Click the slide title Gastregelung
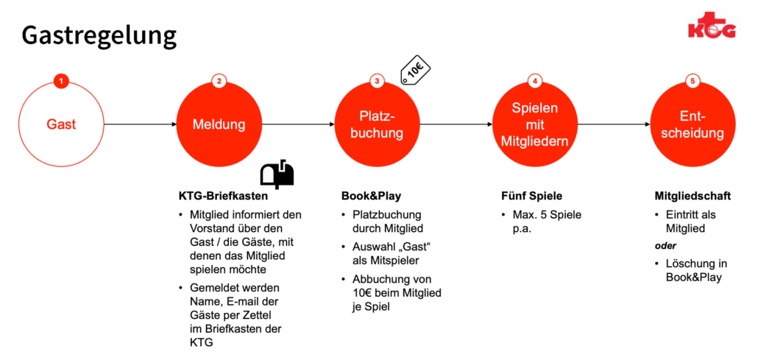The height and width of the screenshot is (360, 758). tap(99, 37)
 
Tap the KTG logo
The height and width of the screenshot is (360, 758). tap(712, 26)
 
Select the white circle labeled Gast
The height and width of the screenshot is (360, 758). tap(61, 124)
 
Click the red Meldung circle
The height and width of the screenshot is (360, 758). tap(219, 124)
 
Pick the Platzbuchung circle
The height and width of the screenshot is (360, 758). tap(377, 124)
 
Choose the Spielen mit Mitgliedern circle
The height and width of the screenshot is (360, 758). tap(535, 124)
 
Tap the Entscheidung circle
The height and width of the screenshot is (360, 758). tap(693, 124)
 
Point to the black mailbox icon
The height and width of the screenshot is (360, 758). tap(277, 174)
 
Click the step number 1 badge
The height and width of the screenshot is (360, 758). tap(61, 81)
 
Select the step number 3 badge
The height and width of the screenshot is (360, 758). tap(377, 81)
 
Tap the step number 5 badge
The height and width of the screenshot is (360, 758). tap(693, 81)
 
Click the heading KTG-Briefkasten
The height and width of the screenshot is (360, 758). tap(223, 197)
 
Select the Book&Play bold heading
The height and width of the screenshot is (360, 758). tap(371, 197)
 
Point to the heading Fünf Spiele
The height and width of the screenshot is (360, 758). tap(531, 197)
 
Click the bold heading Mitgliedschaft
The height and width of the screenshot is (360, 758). tap(693, 197)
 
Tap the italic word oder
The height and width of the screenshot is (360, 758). tap(666, 246)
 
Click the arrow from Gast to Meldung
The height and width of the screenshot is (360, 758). tap(140, 124)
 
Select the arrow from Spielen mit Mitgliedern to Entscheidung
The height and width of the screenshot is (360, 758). tap(614, 124)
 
